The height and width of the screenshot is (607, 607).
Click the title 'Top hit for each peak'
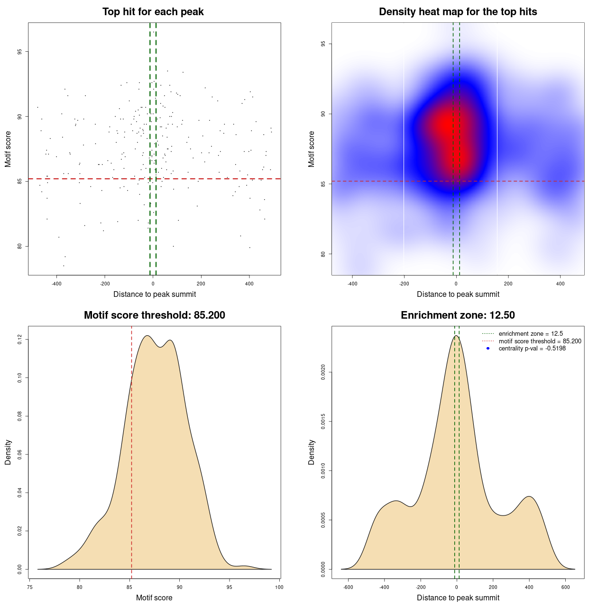(x=153, y=12)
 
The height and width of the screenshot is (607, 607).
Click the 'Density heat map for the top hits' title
(x=458, y=12)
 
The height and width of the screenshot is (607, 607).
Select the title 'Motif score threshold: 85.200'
(x=154, y=315)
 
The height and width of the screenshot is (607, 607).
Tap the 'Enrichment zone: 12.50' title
(x=458, y=315)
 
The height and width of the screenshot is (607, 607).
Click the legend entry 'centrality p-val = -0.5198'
(x=532, y=349)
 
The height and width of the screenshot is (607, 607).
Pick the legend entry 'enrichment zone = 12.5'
(x=531, y=334)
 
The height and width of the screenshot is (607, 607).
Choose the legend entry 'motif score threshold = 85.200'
(x=540, y=341)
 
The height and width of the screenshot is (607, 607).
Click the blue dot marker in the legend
(x=488, y=349)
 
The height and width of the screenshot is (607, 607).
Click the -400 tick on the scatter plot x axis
(x=56, y=284)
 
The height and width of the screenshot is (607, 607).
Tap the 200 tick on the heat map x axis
(x=508, y=284)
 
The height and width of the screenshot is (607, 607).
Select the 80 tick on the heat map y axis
(x=323, y=254)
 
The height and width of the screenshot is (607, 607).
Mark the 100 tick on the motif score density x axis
(x=279, y=587)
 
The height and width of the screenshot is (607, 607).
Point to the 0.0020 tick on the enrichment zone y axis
(x=323, y=373)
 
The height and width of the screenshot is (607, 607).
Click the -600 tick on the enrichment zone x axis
(x=348, y=587)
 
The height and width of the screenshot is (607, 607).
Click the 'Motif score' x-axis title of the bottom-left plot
(x=154, y=598)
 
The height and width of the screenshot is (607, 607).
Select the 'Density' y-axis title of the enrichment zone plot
(x=312, y=452)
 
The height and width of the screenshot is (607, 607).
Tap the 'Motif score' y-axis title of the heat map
(x=312, y=149)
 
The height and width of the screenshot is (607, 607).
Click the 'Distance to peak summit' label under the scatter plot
(x=155, y=294)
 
